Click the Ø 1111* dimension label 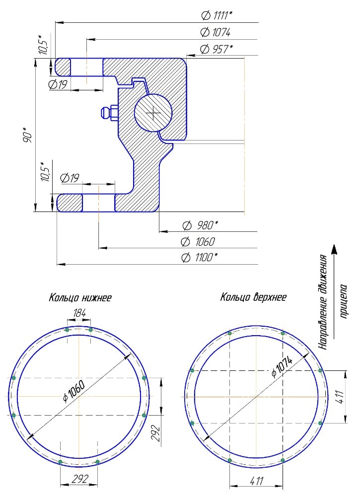(x=217, y=15)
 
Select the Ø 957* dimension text (x=216, y=49)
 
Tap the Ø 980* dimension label (x=201, y=225)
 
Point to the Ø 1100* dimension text (x=200, y=257)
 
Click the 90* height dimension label (x=28, y=135)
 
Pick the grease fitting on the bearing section (x=109, y=114)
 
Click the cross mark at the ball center (x=154, y=113)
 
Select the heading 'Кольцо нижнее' (x=80, y=297)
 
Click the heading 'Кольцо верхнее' (x=253, y=297)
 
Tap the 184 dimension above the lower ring (x=79, y=313)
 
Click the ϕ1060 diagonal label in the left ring (x=74, y=391)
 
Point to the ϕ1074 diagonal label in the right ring (x=282, y=366)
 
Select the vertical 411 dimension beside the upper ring (x=340, y=397)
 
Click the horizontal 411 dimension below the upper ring (x=256, y=481)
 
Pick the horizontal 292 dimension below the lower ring (x=79, y=479)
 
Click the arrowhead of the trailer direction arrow (x=334, y=249)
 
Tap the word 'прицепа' (x=344, y=301)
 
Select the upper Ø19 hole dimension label (x=58, y=84)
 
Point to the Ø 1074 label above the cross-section (x=216, y=32)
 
